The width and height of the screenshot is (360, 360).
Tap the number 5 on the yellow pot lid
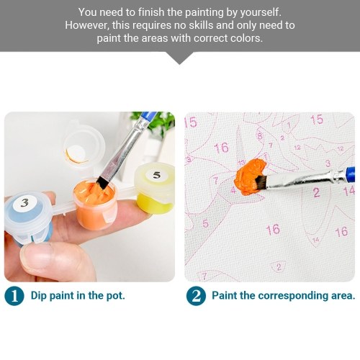(156, 175)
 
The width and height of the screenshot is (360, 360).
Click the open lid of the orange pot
(81, 150)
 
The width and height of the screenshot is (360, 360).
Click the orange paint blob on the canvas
(250, 177)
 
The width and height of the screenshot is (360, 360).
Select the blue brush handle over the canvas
(350, 174)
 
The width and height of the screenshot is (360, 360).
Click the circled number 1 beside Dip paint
(14, 296)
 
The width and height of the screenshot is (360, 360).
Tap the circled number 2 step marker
(196, 296)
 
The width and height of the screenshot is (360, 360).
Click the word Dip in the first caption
(39, 296)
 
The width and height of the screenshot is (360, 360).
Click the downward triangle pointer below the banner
(179, 58)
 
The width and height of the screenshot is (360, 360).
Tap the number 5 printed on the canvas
(205, 223)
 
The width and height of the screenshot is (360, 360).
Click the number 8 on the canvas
(260, 137)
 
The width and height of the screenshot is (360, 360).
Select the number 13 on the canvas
(241, 163)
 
